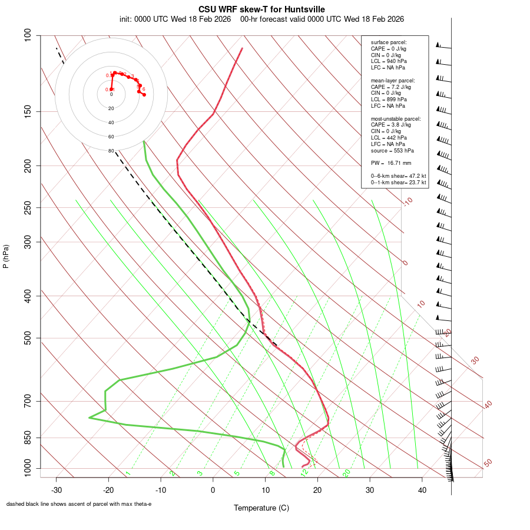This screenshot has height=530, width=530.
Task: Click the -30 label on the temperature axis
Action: [56, 490]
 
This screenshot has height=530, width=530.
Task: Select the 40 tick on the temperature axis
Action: [422, 490]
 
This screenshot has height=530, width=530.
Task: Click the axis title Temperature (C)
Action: [261, 508]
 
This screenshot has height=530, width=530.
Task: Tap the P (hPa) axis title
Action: [6, 257]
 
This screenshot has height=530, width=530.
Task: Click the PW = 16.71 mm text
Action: [391, 163]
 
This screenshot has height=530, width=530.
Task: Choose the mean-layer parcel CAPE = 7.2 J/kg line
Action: [391, 87]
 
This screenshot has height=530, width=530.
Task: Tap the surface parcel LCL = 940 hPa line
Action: [389, 61]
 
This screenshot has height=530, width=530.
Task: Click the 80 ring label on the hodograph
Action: [111, 151]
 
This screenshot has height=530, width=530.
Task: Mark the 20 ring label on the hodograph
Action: [111, 108]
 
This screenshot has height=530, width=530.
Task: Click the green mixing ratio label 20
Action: [347, 473]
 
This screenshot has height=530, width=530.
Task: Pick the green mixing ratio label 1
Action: [128, 473]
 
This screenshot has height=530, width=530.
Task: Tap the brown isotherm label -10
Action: [407, 201]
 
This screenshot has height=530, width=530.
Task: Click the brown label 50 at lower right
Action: [488, 463]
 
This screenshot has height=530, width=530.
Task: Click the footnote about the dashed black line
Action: [79, 504]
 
